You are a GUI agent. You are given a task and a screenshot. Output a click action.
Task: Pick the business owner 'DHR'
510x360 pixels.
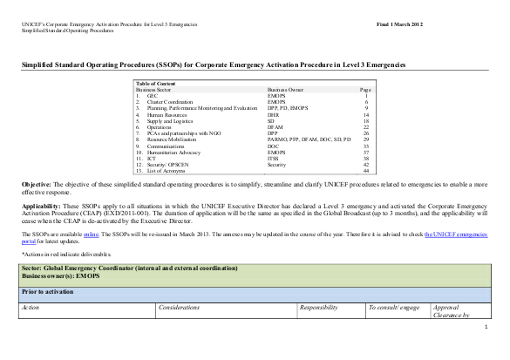click(x=273, y=114)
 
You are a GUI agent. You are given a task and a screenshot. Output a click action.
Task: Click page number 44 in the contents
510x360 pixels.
click(x=366, y=171)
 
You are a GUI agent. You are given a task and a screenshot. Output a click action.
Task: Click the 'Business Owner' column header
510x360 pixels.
click(x=285, y=89)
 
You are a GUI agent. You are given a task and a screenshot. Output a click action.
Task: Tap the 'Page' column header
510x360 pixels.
click(x=365, y=89)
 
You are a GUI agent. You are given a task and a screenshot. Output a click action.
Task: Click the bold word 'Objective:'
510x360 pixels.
click(x=37, y=186)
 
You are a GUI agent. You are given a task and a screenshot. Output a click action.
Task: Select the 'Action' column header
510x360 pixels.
click(x=31, y=308)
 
